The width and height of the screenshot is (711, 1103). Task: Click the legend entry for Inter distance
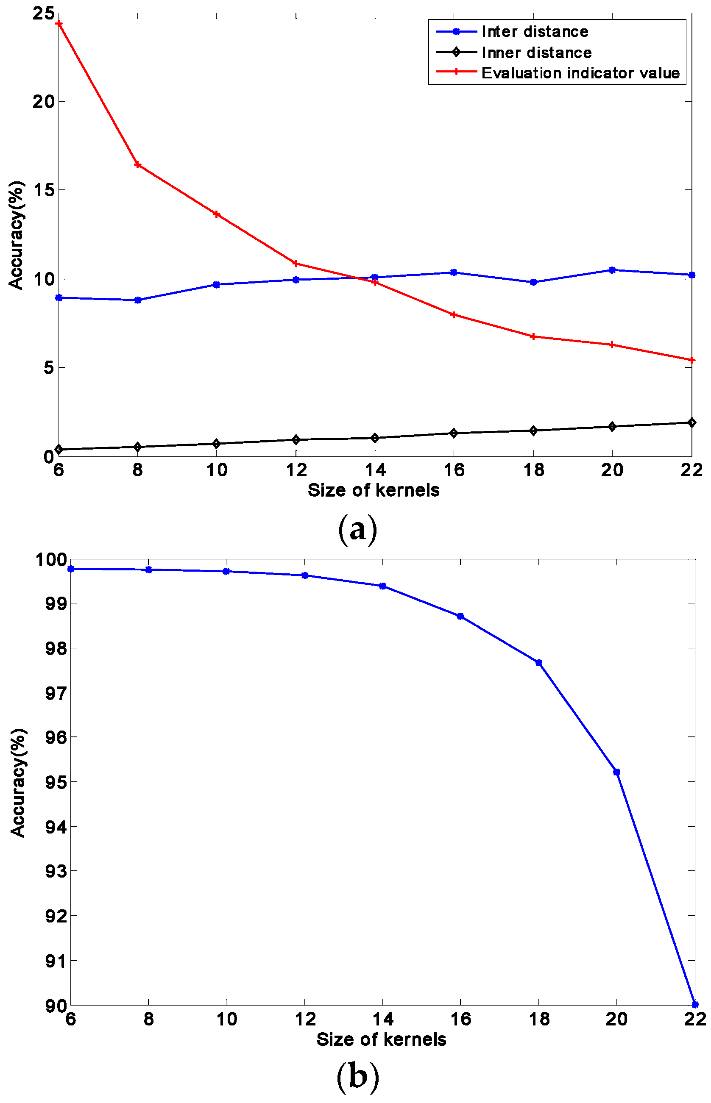click(x=535, y=31)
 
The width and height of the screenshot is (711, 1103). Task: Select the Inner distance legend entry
click(x=536, y=53)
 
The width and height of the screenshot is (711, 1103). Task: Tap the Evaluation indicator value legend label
click(x=580, y=73)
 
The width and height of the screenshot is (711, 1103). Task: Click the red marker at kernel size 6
click(x=59, y=23)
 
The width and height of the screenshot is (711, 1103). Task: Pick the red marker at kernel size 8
click(x=138, y=165)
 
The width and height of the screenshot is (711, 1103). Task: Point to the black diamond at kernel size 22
click(x=691, y=422)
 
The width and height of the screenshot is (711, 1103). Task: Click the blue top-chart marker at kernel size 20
click(x=612, y=270)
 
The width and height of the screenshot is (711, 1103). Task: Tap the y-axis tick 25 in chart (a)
click(x=43, y=14)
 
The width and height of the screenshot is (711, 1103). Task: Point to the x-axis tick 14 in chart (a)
click(x=375, y=470)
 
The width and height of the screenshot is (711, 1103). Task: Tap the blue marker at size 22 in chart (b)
click(x=695, y=1005)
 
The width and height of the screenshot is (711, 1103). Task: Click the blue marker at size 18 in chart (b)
click(x=538, y=662)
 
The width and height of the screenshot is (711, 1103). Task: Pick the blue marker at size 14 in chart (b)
click(x=382, y=586)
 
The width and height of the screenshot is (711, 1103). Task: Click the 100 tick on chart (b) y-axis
click(x=51, y=560)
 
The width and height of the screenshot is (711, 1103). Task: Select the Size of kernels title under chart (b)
click(x=381, y=1039)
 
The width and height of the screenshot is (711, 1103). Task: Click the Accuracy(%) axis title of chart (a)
click(x=17, y=235)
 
